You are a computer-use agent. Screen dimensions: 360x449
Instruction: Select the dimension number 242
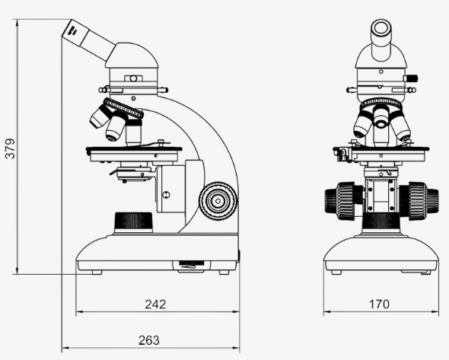coord(155,304)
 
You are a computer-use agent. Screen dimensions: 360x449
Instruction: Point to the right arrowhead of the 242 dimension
coord(235,312)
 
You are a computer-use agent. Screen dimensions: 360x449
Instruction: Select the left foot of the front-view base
coord(336,271)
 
